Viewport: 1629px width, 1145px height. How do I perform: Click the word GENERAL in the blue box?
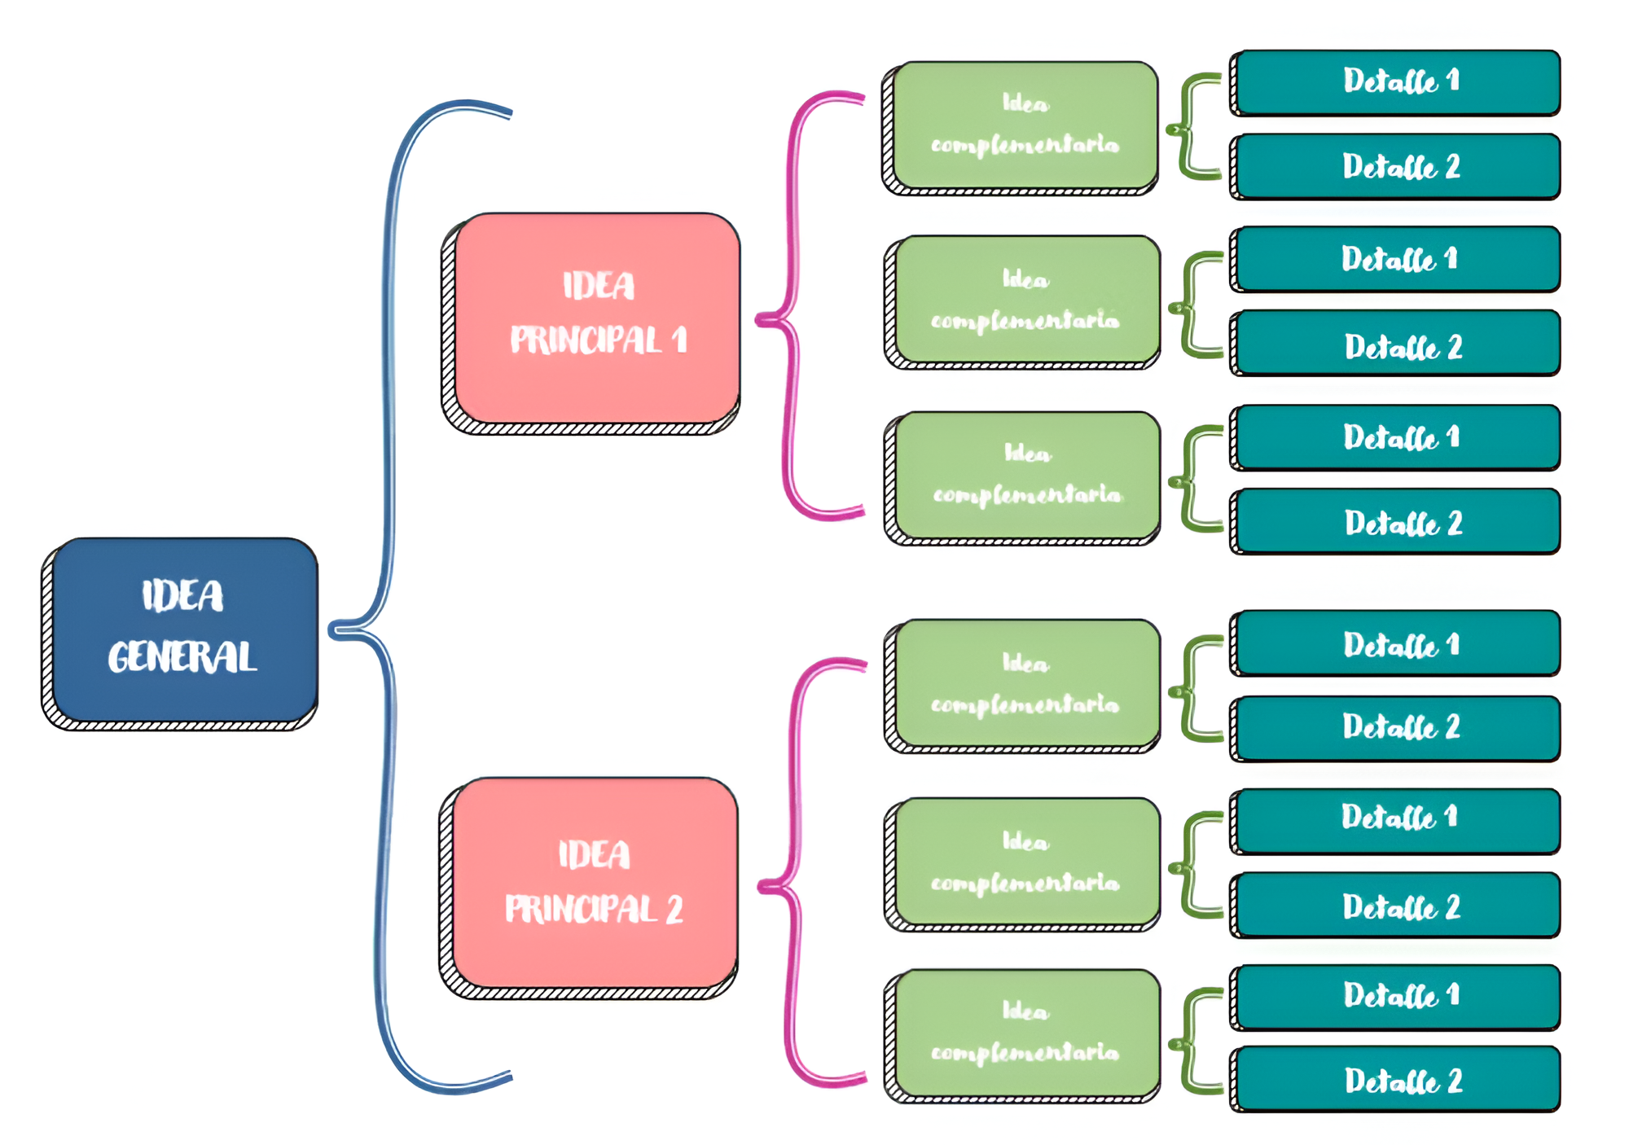182,657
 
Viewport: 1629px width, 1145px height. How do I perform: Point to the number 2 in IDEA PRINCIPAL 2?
674,910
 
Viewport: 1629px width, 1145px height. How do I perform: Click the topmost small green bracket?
1191,127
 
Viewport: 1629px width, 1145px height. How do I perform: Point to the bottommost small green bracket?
1192,1042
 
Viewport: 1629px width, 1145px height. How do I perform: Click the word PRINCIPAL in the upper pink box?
586,340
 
